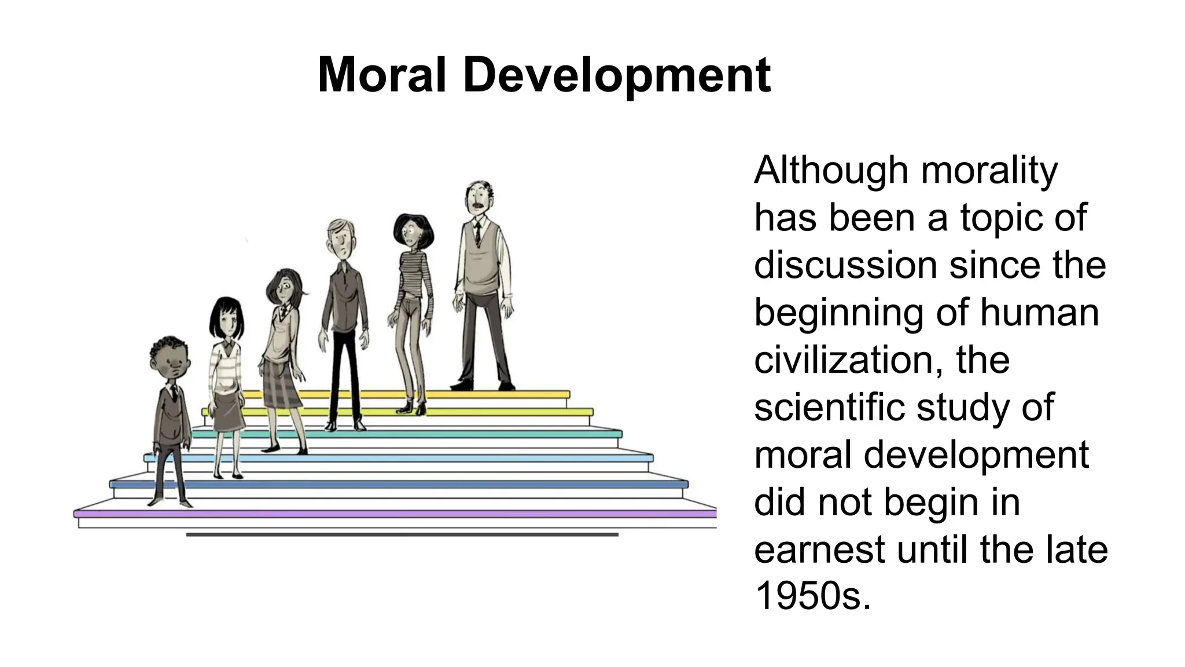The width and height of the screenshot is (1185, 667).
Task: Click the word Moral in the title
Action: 382,75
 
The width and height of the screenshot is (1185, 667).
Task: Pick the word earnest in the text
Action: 819,549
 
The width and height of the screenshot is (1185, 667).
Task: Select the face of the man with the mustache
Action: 479,200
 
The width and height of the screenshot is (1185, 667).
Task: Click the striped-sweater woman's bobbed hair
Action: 413,229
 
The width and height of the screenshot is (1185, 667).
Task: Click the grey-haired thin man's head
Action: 341,238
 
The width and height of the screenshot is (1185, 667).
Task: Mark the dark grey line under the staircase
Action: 402,535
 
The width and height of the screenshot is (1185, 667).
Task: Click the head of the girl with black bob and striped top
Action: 226,318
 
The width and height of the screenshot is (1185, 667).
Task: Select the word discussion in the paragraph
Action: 845,265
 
